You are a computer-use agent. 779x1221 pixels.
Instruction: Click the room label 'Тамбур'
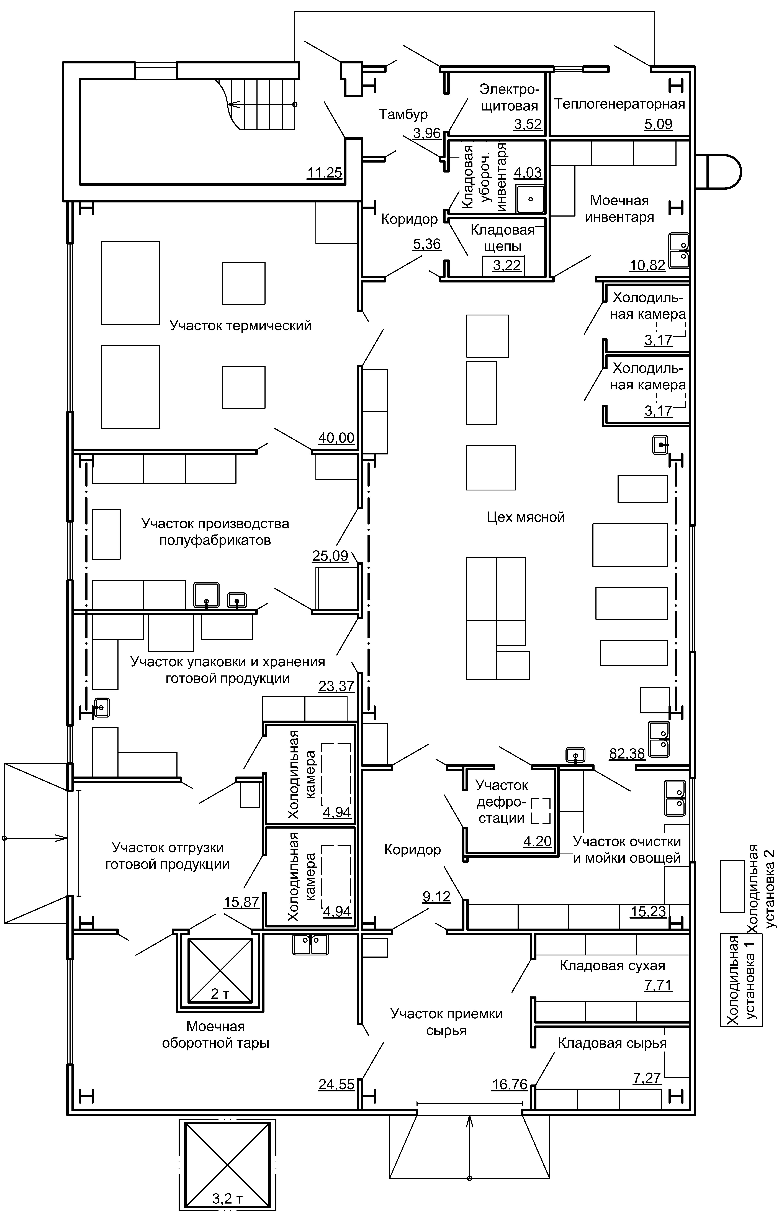coord(403,115)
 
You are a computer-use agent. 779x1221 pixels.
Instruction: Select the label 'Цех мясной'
coord(525,517)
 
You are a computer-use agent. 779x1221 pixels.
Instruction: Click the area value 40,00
coord(336,438)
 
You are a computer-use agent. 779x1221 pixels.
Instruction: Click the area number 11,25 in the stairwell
coord(325,173)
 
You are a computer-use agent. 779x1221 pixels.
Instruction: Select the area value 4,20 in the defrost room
coord(537,841)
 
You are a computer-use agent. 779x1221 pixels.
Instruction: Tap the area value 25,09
coord(330,556)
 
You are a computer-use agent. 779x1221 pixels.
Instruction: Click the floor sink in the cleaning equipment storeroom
coord(530,199)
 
